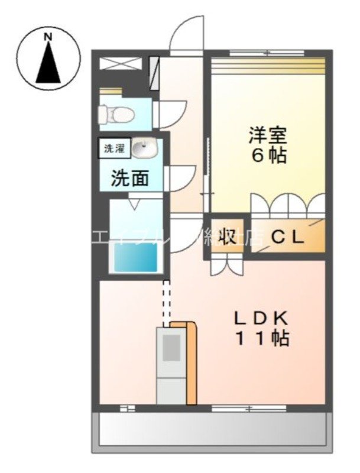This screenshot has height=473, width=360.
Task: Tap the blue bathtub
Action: pos(136,258)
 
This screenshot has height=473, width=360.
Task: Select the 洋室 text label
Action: pos(267,135)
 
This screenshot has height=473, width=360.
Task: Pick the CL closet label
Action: pos(288,238)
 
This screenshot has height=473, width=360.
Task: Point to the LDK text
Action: pos(261,318)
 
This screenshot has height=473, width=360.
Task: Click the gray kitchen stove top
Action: pos(171,349)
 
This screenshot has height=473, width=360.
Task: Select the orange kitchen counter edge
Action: pos(190,364)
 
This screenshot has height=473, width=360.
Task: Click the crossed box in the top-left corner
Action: pos(121,64)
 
